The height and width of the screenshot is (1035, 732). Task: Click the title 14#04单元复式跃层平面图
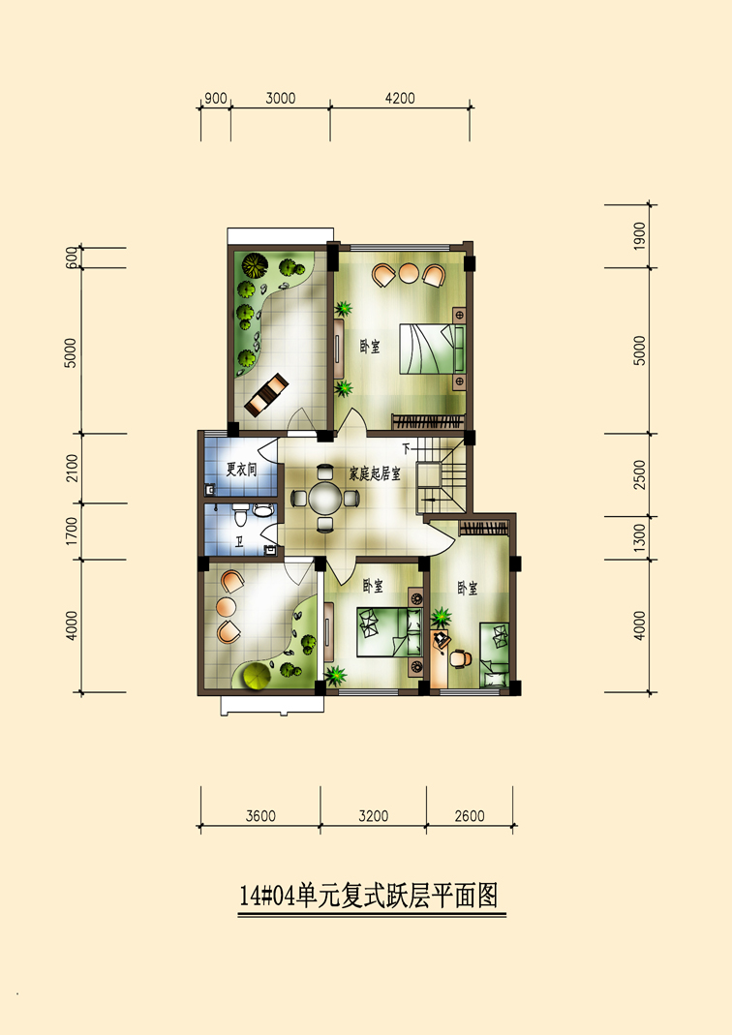point(368,897)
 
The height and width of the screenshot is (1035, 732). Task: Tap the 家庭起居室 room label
point(375,473)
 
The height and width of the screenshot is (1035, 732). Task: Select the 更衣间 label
point(241,470)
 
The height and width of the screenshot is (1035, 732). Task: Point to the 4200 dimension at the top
point(400,99)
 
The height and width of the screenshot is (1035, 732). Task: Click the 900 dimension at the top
point(216,99)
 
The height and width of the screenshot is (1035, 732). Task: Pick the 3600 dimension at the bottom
point(260,816)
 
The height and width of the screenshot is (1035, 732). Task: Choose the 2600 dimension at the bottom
point(470,816)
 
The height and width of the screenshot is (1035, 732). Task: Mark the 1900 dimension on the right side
point(639,236)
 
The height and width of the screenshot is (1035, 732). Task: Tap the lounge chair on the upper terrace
point(266,394)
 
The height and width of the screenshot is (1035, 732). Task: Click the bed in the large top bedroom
point(432,349)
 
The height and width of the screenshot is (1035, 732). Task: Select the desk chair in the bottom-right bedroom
point(462,658)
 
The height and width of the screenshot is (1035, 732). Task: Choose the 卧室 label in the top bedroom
point(370,347)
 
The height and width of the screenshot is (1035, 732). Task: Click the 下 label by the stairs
point(406,448)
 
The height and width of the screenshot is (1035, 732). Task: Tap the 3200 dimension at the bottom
point(374,816)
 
